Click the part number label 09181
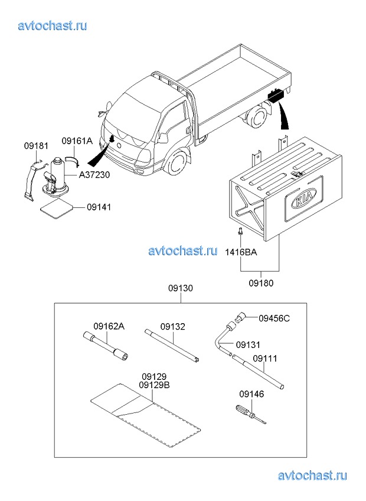[36, 146]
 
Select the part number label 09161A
[77, 141]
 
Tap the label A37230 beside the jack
[94, 175]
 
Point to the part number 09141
[99, 207]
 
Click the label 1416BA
[241, 252]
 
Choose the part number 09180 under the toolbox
[261, 283]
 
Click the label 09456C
[274, 318]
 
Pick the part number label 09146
[251, 394]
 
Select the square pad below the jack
[57, 209]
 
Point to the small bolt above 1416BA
[240, 232]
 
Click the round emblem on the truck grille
[119, 145]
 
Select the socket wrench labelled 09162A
[106, 347]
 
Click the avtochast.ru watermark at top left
[53, 25]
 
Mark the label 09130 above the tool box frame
[181, 288]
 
